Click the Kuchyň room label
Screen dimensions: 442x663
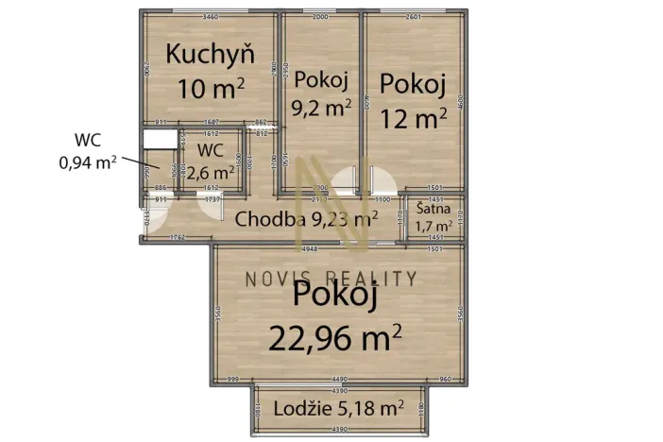[x=210, y=55]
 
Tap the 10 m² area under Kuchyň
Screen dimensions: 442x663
[x=212, y=89]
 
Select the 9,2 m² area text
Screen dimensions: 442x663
[x=323, y=107]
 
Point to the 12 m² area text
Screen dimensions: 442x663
[x=413, y=118]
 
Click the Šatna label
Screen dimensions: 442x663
[x=434, y=210]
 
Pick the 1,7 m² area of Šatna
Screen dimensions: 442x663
[x=434, y=228]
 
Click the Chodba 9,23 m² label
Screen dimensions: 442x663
[x=306, y=220]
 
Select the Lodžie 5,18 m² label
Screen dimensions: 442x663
[x=339, y=409]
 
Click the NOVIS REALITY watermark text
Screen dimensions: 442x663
[x=331, y=278]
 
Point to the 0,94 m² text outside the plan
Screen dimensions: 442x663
[x=87, y=161]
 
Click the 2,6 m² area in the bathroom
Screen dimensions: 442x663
[x=211, y=172]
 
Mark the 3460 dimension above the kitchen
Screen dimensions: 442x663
[x=211, y=17]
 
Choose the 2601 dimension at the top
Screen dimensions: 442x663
[x=412, y=17]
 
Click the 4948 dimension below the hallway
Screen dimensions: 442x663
[x=308, y=249]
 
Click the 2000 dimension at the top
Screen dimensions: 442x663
[x=321, y=17]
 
